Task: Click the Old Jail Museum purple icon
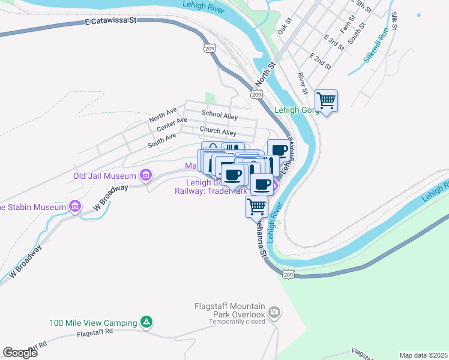[145, 176]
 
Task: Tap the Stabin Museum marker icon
[75, 207]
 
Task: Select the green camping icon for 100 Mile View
[146, 323]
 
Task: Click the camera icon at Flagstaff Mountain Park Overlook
[274, 312]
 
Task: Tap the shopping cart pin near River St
[326, 101]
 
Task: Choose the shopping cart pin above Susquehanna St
[257, 206]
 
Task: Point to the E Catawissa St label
[111, 20]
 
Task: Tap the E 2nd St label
[321, 59]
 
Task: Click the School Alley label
[220, 114]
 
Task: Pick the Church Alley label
[218, 132]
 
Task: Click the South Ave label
[161, 140]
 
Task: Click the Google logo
[20, 353]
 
